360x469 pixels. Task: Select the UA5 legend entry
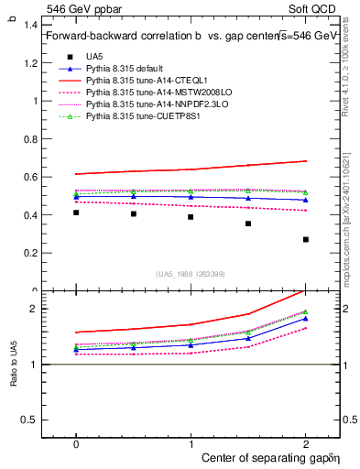[94, 57]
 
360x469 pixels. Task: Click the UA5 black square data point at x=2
[306, 240]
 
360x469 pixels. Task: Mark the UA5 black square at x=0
[76, 213]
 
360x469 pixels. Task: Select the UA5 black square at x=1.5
[248, 224]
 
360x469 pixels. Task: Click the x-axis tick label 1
[191, 443]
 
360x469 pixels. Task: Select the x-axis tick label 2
[306, 443]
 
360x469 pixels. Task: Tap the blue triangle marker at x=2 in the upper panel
[306, 200]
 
